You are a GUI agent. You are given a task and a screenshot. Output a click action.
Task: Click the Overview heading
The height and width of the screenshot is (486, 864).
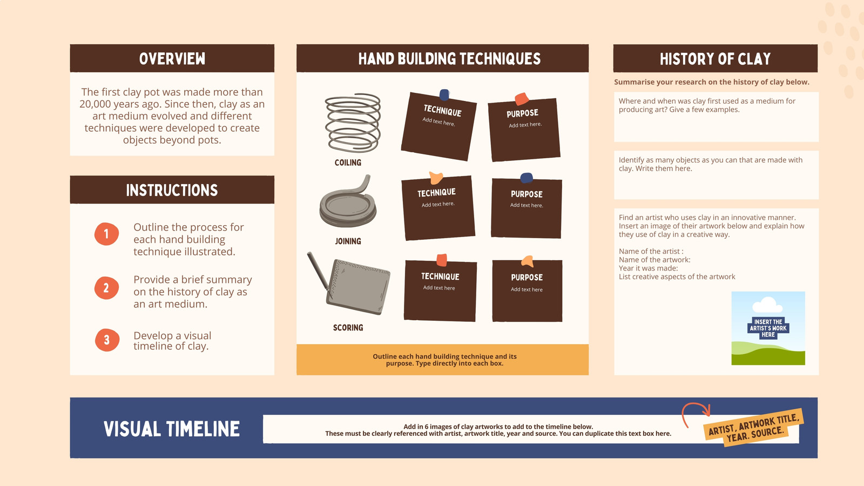172,59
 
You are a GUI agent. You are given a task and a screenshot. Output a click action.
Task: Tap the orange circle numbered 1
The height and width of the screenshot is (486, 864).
106,234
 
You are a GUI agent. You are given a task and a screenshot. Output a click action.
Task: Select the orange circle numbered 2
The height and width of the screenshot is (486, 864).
106,288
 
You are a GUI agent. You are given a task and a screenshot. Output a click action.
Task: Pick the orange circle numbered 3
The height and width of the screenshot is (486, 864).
107,340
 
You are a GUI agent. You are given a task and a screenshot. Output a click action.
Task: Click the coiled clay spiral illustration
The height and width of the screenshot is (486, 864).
353,123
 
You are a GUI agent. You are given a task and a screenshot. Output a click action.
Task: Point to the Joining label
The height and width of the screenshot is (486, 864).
348,241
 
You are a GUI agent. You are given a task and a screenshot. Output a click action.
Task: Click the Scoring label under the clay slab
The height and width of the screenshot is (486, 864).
348,327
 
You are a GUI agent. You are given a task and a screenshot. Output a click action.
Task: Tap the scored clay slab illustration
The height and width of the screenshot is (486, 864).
349,283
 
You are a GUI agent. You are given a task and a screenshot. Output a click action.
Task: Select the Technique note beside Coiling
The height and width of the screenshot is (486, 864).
439,126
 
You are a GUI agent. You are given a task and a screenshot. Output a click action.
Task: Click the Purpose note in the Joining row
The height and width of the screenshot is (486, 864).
526,207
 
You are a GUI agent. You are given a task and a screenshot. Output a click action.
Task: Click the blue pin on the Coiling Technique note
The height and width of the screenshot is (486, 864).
444,94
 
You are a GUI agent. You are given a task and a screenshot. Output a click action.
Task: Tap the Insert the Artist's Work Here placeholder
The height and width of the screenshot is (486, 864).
768,328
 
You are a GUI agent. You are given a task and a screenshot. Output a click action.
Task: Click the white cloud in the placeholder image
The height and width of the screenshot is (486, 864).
767,305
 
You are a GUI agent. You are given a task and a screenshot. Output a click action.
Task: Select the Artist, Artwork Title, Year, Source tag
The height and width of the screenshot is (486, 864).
753,427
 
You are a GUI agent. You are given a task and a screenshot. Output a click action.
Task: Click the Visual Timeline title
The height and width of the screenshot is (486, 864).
172,429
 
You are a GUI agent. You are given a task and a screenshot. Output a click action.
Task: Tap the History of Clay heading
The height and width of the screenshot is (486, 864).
715,59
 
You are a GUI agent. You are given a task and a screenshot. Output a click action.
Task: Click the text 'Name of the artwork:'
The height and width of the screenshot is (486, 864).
654,260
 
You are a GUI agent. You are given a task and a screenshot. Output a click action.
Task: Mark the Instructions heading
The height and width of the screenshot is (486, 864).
172,190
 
